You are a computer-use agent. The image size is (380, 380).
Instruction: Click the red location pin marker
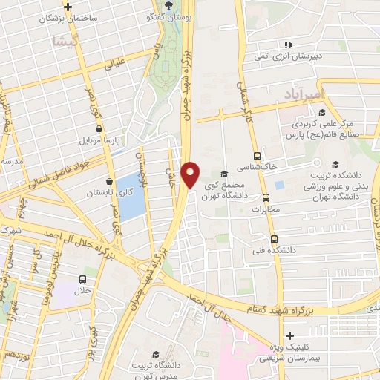tap(191, 174)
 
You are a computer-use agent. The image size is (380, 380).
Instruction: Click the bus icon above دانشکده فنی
tap(275, 239)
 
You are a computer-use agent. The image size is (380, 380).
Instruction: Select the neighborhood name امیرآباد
tap(301, 95)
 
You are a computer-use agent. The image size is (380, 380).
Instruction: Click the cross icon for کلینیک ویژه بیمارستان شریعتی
tap(289, 336)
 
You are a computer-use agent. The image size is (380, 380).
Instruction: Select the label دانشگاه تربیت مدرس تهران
tap(154, 369)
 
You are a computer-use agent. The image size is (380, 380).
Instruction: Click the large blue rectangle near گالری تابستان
tap(131, 195)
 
